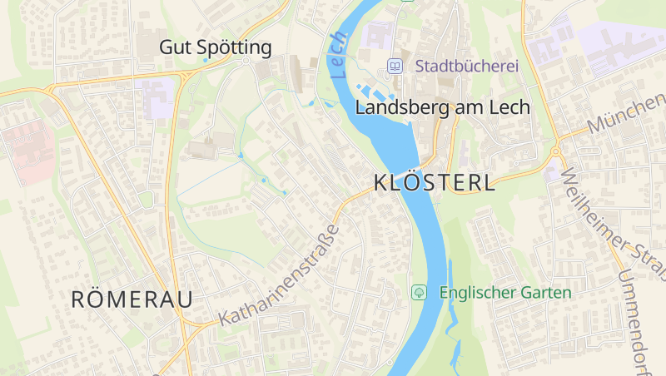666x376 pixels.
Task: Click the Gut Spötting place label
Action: coord(216,47)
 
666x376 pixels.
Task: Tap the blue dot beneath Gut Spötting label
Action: coord(205,61)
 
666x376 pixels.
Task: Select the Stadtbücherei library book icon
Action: coord(395,66)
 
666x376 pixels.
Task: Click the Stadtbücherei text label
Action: coord(467,66)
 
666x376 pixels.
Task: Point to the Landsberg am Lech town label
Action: coord(442,107)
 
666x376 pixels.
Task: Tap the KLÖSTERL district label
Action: coord(435,183)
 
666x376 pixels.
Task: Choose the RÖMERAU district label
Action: coord(132,299)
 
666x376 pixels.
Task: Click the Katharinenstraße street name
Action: coord(280,275)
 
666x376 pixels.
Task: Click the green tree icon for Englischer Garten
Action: coord(419,293)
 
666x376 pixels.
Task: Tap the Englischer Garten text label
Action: coord(505,293)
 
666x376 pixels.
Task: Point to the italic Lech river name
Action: coord(337,55)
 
